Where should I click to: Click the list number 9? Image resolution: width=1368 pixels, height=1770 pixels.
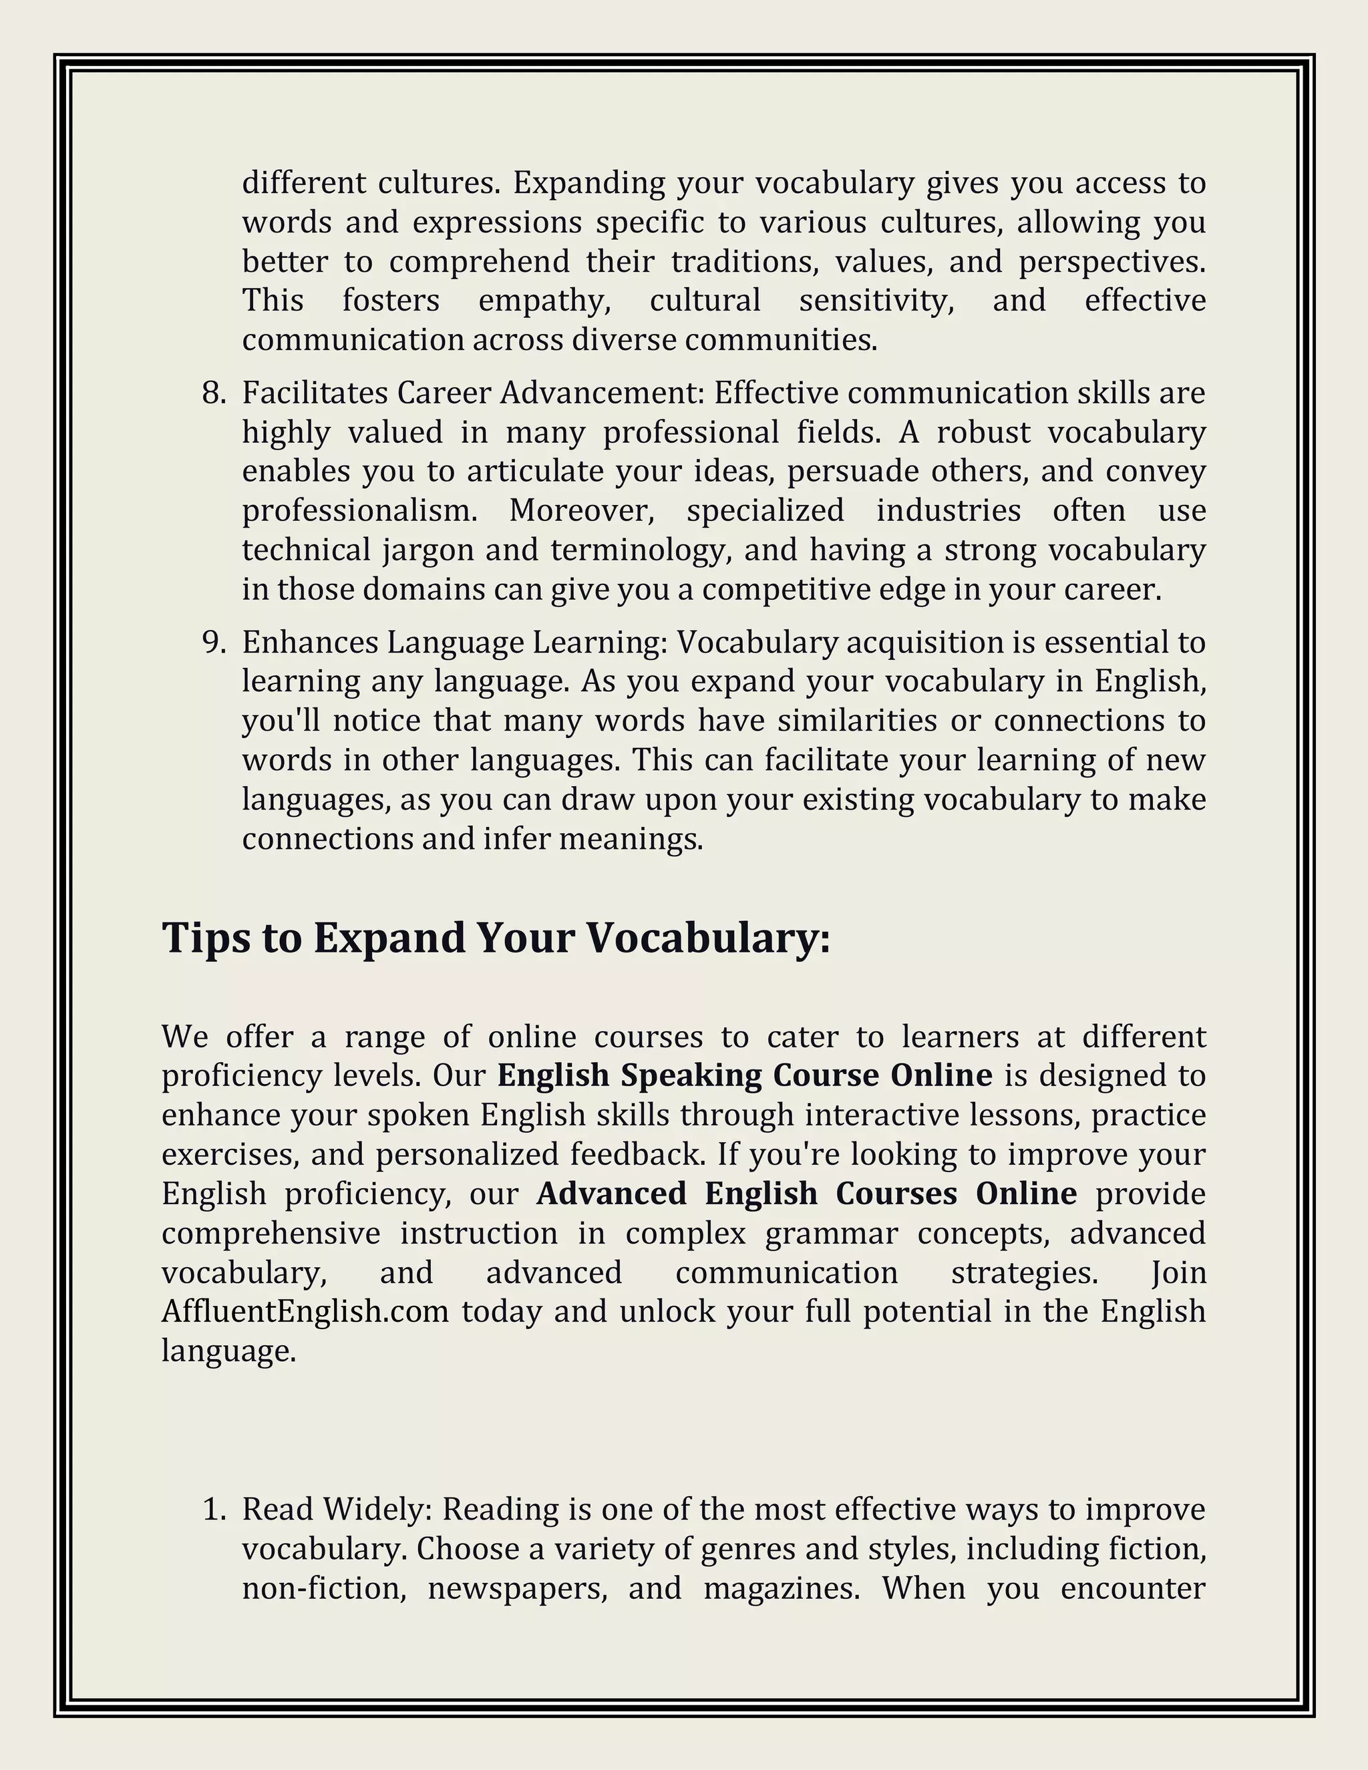coord(213,643)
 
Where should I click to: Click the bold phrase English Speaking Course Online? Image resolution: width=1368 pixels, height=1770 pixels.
coord(744,1075)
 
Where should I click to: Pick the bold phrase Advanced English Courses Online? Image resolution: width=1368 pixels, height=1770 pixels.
coord(806,1194)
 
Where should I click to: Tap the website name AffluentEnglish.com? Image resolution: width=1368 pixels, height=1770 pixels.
coord(305,1311)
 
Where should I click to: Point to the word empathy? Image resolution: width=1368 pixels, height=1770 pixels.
coord(544,301)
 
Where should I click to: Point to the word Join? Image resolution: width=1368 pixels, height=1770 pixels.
coord(1178,1272)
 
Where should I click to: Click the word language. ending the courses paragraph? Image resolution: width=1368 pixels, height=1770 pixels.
coord(228,1351)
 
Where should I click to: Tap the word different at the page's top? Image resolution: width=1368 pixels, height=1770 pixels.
coord(303,183)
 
